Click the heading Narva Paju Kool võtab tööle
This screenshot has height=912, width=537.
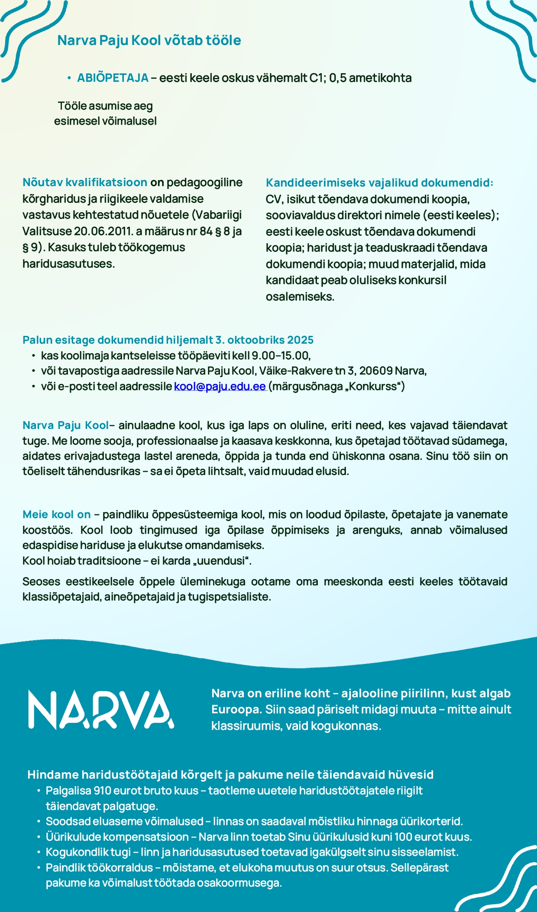pyautogui.click(x=149, y=40)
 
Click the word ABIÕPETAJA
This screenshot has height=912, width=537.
pyautogui.click(x=113, y=78)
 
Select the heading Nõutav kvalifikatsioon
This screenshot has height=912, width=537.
pyautogui.click(x=84, y=182)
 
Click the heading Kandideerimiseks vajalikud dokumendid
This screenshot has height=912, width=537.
pyautogui.click(x=379, y=183)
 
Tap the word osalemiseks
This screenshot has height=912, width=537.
pyautogui.click(x=299, y=297)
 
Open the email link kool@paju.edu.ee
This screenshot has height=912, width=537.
pyautogui.click(x=220, y=387)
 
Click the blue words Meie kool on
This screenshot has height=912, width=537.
pyautogui.click(x=57, y=515)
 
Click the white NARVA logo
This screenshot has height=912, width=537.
pyautogui.click(x=101, y=710)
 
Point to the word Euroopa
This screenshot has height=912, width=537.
pyautogui.click(x=236, y=709)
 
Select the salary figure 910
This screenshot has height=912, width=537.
pyautogui.click(x=103, y=791)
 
